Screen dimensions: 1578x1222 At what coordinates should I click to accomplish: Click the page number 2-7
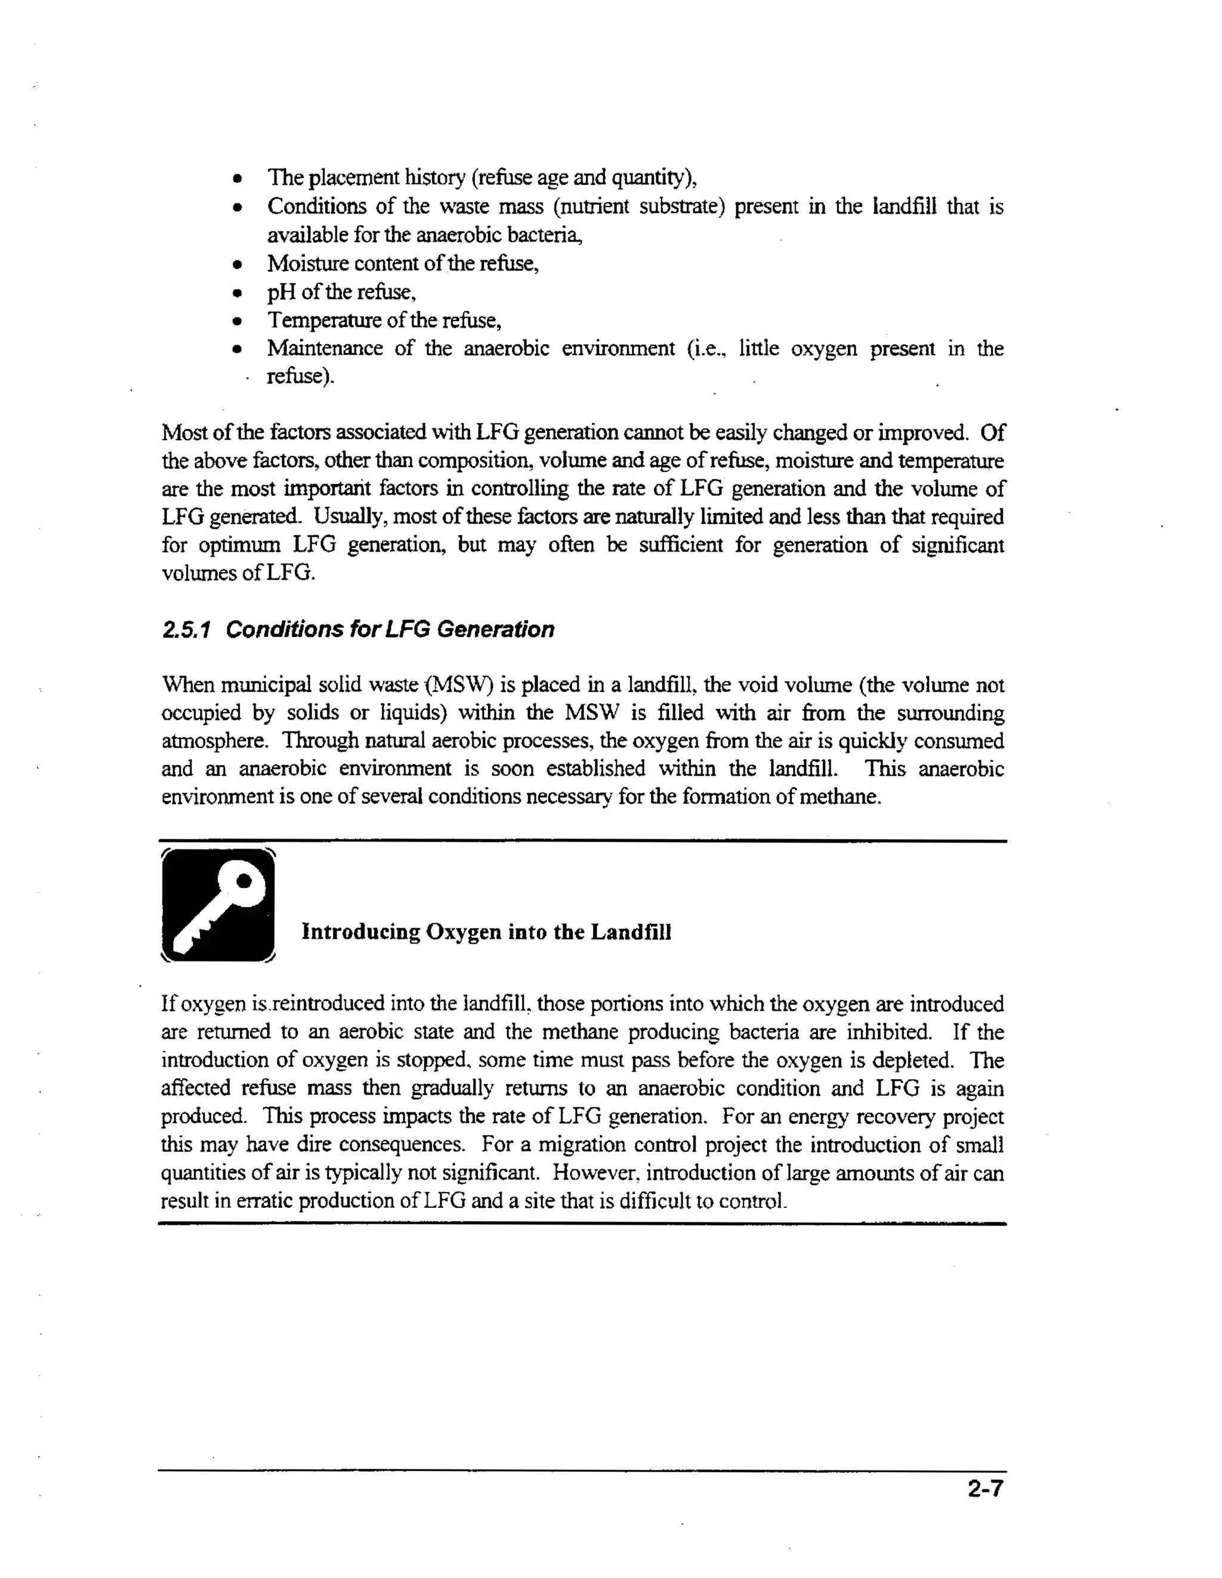[985, 1489]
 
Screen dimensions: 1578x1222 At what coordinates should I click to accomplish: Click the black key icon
[218, 905]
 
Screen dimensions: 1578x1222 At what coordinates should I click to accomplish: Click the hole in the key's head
[244, 880]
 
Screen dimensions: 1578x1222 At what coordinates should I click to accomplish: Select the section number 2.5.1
[186, 629]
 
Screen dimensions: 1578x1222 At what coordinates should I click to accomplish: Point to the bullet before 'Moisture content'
[236, 264]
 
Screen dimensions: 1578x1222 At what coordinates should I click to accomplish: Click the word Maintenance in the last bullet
[324, 349]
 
